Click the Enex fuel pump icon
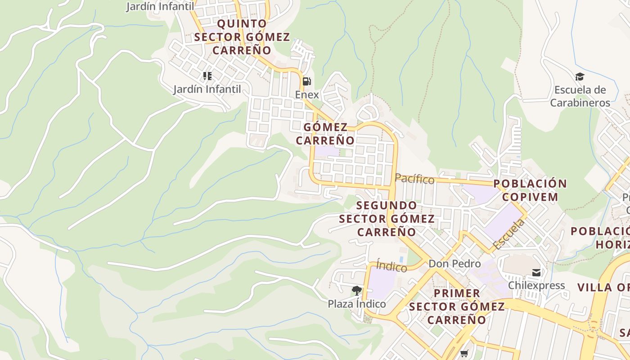pos(306,81)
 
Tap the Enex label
pos(307,95)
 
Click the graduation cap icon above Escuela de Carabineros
pos(580,77)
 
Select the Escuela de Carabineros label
pos(580,96)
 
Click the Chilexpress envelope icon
pos(536,272)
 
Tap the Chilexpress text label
pos(536,286)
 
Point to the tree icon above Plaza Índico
pos(357,290)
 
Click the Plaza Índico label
pos(357,304)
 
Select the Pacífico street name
pos(414,179)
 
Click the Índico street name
pos(391,266)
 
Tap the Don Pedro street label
pos(454,264)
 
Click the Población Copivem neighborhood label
pos(530,190)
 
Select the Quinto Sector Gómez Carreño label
pos(242,37)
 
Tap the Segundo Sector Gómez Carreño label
pos(387,219)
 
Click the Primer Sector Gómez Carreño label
pos(457,306)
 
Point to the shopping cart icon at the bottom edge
pos(464,353)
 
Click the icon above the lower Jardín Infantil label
pos(207,76)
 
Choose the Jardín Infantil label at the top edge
pos(160,6)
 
